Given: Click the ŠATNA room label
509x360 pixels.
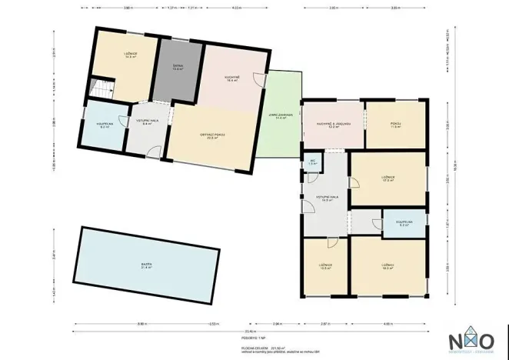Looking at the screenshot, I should pos(178,68).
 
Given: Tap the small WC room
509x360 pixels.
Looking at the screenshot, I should pos(313,162).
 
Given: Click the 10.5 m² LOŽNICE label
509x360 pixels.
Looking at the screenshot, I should pos(325,267).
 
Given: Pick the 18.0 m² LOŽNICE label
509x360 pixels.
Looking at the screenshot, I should pos(388,267).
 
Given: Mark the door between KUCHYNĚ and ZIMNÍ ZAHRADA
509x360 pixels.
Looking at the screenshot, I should pos(264,80).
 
